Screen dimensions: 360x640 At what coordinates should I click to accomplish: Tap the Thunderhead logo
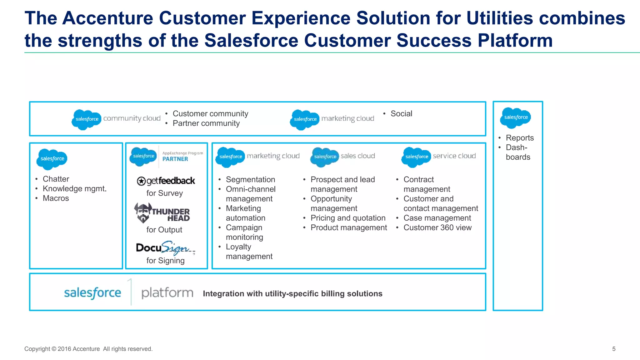[x=162, y=213]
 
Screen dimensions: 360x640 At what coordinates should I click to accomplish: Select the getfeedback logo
[x=166, y=181]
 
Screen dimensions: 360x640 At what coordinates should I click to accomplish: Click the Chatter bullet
[x=56, y=179]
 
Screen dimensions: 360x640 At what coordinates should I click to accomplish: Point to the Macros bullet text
[x=56, y=198]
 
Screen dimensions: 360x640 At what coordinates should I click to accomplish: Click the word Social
[x=401, y=114]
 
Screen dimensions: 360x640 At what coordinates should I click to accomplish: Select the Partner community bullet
[x=206, y=123]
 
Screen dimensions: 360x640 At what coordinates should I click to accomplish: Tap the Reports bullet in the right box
[x=519, y=138]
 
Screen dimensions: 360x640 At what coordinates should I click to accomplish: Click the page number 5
[x=614, y=349]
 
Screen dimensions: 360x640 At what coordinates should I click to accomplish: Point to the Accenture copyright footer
[x=88, y=349]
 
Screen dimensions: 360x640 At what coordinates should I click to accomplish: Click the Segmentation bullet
[x=250, y=180]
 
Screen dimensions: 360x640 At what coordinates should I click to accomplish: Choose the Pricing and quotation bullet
[x=348, y=218]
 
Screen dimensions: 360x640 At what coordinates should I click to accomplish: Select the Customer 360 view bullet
[x=437, y=228]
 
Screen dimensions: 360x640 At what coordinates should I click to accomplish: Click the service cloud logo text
[x=454, y=156]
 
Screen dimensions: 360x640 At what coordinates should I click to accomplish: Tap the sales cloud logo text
[x=357, y=156]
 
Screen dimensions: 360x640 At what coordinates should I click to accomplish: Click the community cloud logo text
[x=132, y=118]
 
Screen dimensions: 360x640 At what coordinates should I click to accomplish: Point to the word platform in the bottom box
[x=167, y=293]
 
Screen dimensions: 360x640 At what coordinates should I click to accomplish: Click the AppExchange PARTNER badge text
[x=175, y=159]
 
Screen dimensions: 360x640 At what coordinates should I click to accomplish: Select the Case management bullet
[x=437, y=218]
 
